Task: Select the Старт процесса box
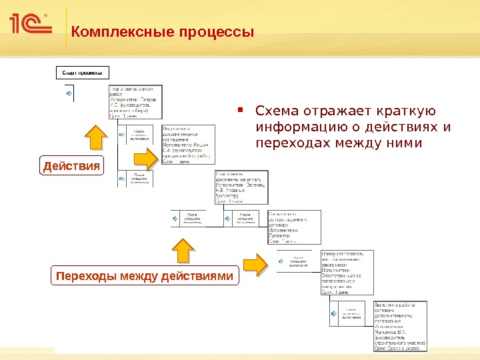82,72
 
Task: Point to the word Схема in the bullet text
277,111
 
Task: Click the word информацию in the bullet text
299,127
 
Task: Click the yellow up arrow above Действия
95,139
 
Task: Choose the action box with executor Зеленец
241,187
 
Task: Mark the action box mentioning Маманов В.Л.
399,325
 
